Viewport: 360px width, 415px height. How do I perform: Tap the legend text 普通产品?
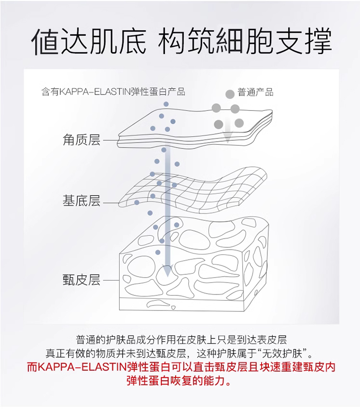click(255, 92)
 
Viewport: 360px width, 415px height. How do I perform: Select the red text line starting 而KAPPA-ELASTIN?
click(180, 367)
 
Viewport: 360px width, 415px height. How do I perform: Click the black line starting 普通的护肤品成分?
click(180, 339)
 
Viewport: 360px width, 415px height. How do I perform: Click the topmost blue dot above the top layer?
click(166, 104)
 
